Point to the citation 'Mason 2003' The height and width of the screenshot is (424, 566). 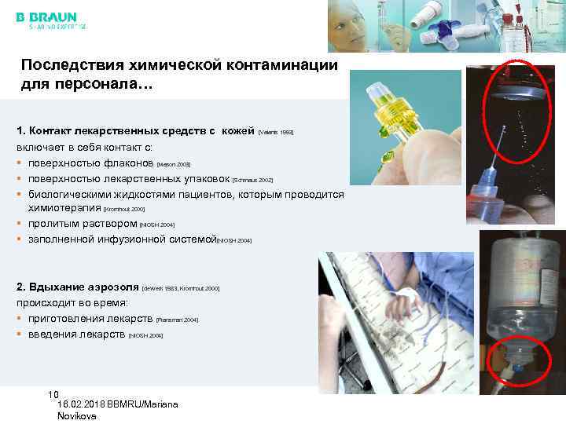click(174, 166)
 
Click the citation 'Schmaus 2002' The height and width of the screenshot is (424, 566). click(252, 180)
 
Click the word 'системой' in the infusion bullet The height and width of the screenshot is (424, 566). click(189, 239)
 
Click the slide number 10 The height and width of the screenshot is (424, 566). click(53, 393)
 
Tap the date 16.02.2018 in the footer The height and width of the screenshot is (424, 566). click(84, 404)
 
